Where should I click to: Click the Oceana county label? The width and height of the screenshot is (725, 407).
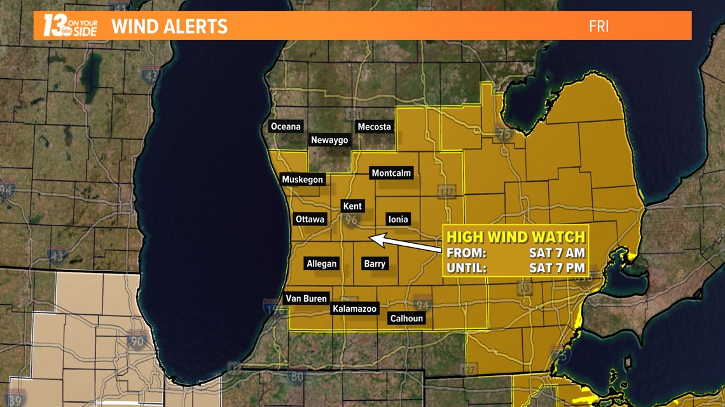(286, 126)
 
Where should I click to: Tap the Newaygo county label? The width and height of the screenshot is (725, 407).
(329, 140)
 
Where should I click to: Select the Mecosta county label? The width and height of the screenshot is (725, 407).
(374, 126)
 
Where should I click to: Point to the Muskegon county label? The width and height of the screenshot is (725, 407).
(303, 180)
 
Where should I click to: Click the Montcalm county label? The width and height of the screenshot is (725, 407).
(392, 173)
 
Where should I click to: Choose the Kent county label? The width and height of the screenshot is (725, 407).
(352, 206)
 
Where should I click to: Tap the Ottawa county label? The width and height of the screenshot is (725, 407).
(310, 219)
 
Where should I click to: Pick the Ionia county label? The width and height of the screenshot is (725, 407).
(398, 219)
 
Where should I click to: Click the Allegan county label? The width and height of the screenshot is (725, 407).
(322, 264)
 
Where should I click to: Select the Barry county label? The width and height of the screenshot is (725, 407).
(375, 264)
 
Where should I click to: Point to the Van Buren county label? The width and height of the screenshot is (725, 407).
(306, 298)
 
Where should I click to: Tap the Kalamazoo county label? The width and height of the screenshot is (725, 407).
(355, 309)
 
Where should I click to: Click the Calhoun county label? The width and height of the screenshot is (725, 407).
(406, 319)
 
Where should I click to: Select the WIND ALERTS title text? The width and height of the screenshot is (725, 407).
(169, 27)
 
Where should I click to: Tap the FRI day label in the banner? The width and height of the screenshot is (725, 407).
(598, 27)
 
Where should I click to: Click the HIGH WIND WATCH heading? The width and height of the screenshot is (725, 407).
(515, 237)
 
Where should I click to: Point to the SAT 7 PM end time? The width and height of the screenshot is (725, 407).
(556, 267)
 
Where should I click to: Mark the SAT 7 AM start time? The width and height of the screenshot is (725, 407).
(556, 253)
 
